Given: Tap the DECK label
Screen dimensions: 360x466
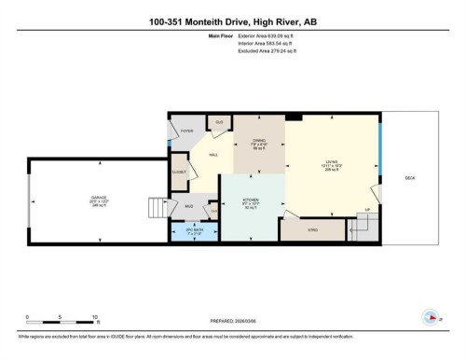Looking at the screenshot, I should (410, 178).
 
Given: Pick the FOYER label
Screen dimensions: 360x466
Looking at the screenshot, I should (186, 132).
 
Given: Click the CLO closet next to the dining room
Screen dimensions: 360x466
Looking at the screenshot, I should (220, 122).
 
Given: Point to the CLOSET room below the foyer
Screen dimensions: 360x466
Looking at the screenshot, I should (179, 173).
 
